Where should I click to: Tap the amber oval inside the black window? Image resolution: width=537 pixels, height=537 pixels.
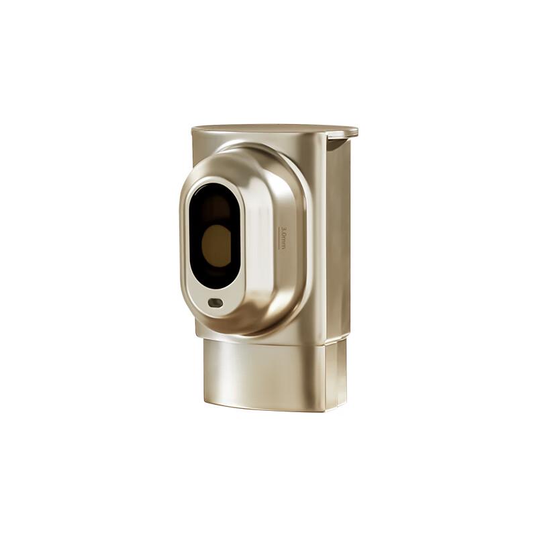[217, 246]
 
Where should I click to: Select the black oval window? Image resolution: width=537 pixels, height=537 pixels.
[215, 236]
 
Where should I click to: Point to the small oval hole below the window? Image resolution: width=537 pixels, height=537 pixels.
[215, 303]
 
